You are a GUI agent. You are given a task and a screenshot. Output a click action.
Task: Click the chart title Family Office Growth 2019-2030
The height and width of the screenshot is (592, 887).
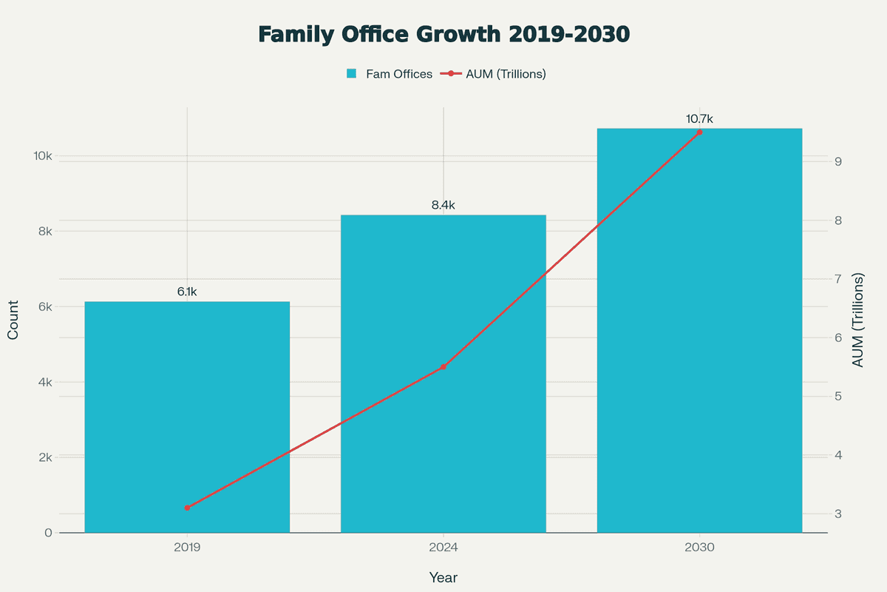(x=443, y=35)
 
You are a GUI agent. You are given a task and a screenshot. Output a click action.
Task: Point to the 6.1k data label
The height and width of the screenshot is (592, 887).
(x=187, y=292)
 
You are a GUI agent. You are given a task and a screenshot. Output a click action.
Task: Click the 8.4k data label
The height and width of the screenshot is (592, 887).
(x=443, y=205)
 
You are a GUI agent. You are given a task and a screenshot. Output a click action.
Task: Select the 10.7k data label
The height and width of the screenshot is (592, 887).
(x=699, y=118)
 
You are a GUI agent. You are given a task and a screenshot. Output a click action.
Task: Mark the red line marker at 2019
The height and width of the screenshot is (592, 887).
(x=187, y=508)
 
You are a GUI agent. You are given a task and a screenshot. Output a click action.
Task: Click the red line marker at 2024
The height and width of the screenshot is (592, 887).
(x=443, y=367)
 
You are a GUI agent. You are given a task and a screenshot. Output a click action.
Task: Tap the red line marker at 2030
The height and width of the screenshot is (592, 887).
(x=699, y=132)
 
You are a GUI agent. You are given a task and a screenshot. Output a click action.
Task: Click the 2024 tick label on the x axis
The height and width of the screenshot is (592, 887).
(x=443, y=548)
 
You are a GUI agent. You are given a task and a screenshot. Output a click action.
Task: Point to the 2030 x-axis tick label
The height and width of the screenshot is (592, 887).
(x=699, y=548)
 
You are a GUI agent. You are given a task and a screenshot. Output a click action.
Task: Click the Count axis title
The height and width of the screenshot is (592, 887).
(x=13, y=320)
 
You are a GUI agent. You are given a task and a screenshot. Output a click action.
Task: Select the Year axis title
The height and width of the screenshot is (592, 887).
(x=443, y=577)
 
